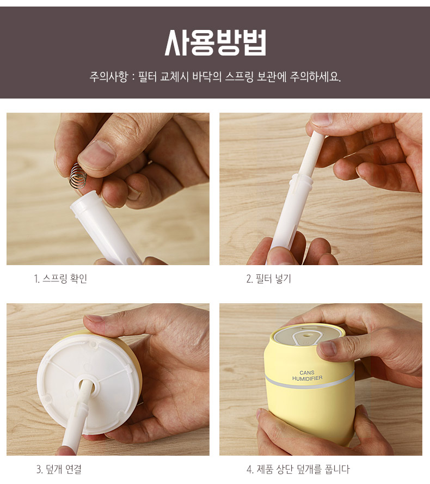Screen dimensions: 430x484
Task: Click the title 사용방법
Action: pyautogui.click(x=215, y=42)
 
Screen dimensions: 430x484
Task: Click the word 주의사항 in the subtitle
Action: pyautogui.click(x=108, y=77)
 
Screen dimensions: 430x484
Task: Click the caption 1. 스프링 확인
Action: pyautogui.click(x=60, y=278)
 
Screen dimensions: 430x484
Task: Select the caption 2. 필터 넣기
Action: pyautogui.click(x=268, y=278)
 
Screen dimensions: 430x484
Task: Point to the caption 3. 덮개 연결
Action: pyautogui.click(x=59, y=469)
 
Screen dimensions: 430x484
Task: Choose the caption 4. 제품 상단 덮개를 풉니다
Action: pyautogui.click(x=298, y=469)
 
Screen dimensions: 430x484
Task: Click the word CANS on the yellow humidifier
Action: pyautogui.click(x=307, y=372)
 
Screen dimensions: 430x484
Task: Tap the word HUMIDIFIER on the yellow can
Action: pyautogui.click(x=307, y=378)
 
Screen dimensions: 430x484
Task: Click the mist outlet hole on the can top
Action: pyautogui.click(x=306, y=333)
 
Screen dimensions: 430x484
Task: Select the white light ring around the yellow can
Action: pyautogui.click(x=309, y=381)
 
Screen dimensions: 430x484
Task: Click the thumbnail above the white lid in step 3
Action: pyautogui.click(x=95, y=318)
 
